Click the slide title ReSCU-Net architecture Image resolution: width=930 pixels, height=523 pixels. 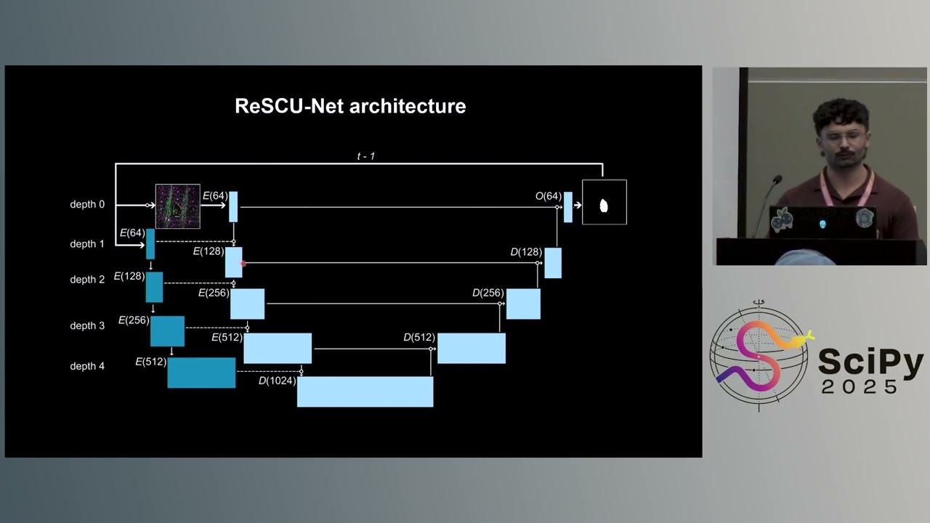(x=350, y=106)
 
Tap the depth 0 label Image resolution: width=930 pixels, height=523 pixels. (x=87, y=205)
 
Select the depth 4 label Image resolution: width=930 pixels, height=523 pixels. (x=87, y=366)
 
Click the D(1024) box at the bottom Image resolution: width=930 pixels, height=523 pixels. (x=365, y=392)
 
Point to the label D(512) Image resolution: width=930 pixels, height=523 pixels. (x=419, y=338)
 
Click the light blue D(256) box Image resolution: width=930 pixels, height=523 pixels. (x=523, y=304)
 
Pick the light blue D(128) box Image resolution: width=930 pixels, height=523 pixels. (x=553, y=263)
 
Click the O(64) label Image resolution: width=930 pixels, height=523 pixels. (x=549, y=196)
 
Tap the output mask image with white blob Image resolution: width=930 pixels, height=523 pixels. (x=604, y=202)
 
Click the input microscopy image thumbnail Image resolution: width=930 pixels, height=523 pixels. (x=177, y=206)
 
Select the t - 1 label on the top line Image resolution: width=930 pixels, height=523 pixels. (x=365, y=156)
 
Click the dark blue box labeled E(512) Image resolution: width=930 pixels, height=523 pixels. (x=201, y=373)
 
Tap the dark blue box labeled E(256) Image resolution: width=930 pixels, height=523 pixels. (x=167, y=331)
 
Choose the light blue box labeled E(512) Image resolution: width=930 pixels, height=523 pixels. (x=277, y=348)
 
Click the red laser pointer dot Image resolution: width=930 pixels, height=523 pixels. (x=243, y=264)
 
